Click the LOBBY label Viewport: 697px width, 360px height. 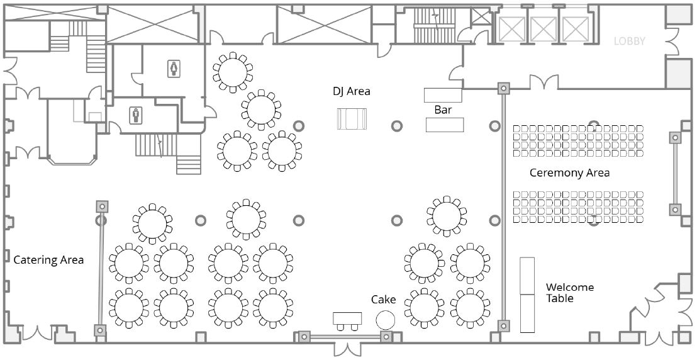(x=629, y=42)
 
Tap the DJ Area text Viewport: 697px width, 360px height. (x=351, y=92)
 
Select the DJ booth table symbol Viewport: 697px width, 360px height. (x=352, y=119)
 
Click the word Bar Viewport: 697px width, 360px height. (x=443, y=110)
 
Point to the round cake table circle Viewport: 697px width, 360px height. (x=386, y=320)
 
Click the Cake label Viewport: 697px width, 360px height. (x=384, y=300)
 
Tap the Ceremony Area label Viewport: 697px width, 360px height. (x=569, y=173)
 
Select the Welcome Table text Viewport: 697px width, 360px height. (x=569, y=293)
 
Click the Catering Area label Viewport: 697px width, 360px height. (x=48, y=260)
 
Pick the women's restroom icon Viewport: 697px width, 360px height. (x=174, y=69)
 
